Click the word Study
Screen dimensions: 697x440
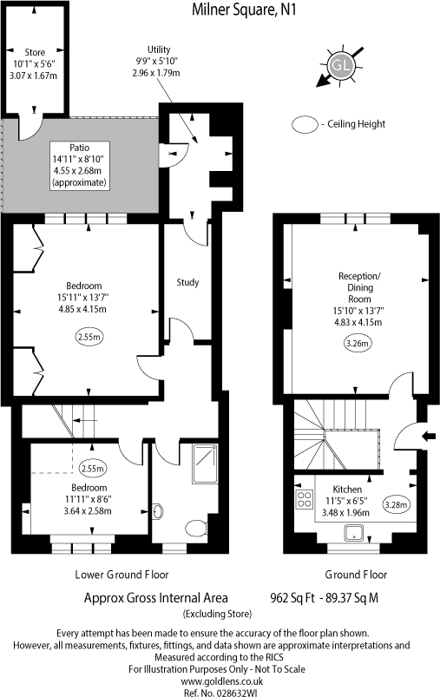(187, 282)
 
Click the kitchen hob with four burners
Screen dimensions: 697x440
(305, 499)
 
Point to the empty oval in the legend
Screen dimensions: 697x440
(306, 124)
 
